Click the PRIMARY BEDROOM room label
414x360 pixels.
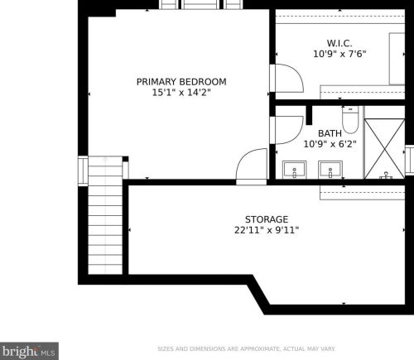(181, 82)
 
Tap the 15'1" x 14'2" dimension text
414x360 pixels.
(181, 93)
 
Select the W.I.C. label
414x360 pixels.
(339, 43)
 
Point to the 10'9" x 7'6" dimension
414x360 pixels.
(339, 54)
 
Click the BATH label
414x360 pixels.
(330, 133)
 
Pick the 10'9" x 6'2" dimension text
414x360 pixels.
(330, 144)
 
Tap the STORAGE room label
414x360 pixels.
(267, 219)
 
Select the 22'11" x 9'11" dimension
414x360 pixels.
(267, 230)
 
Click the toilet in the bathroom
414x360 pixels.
(350, 120)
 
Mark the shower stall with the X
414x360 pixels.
(384, 149)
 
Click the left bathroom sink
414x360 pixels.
(295, 170)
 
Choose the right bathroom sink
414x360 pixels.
(330, 170)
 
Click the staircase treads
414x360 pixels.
(105, 215)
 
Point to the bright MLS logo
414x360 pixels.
(29, 351)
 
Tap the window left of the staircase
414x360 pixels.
(83, 171)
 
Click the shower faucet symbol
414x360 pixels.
(386, 175)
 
